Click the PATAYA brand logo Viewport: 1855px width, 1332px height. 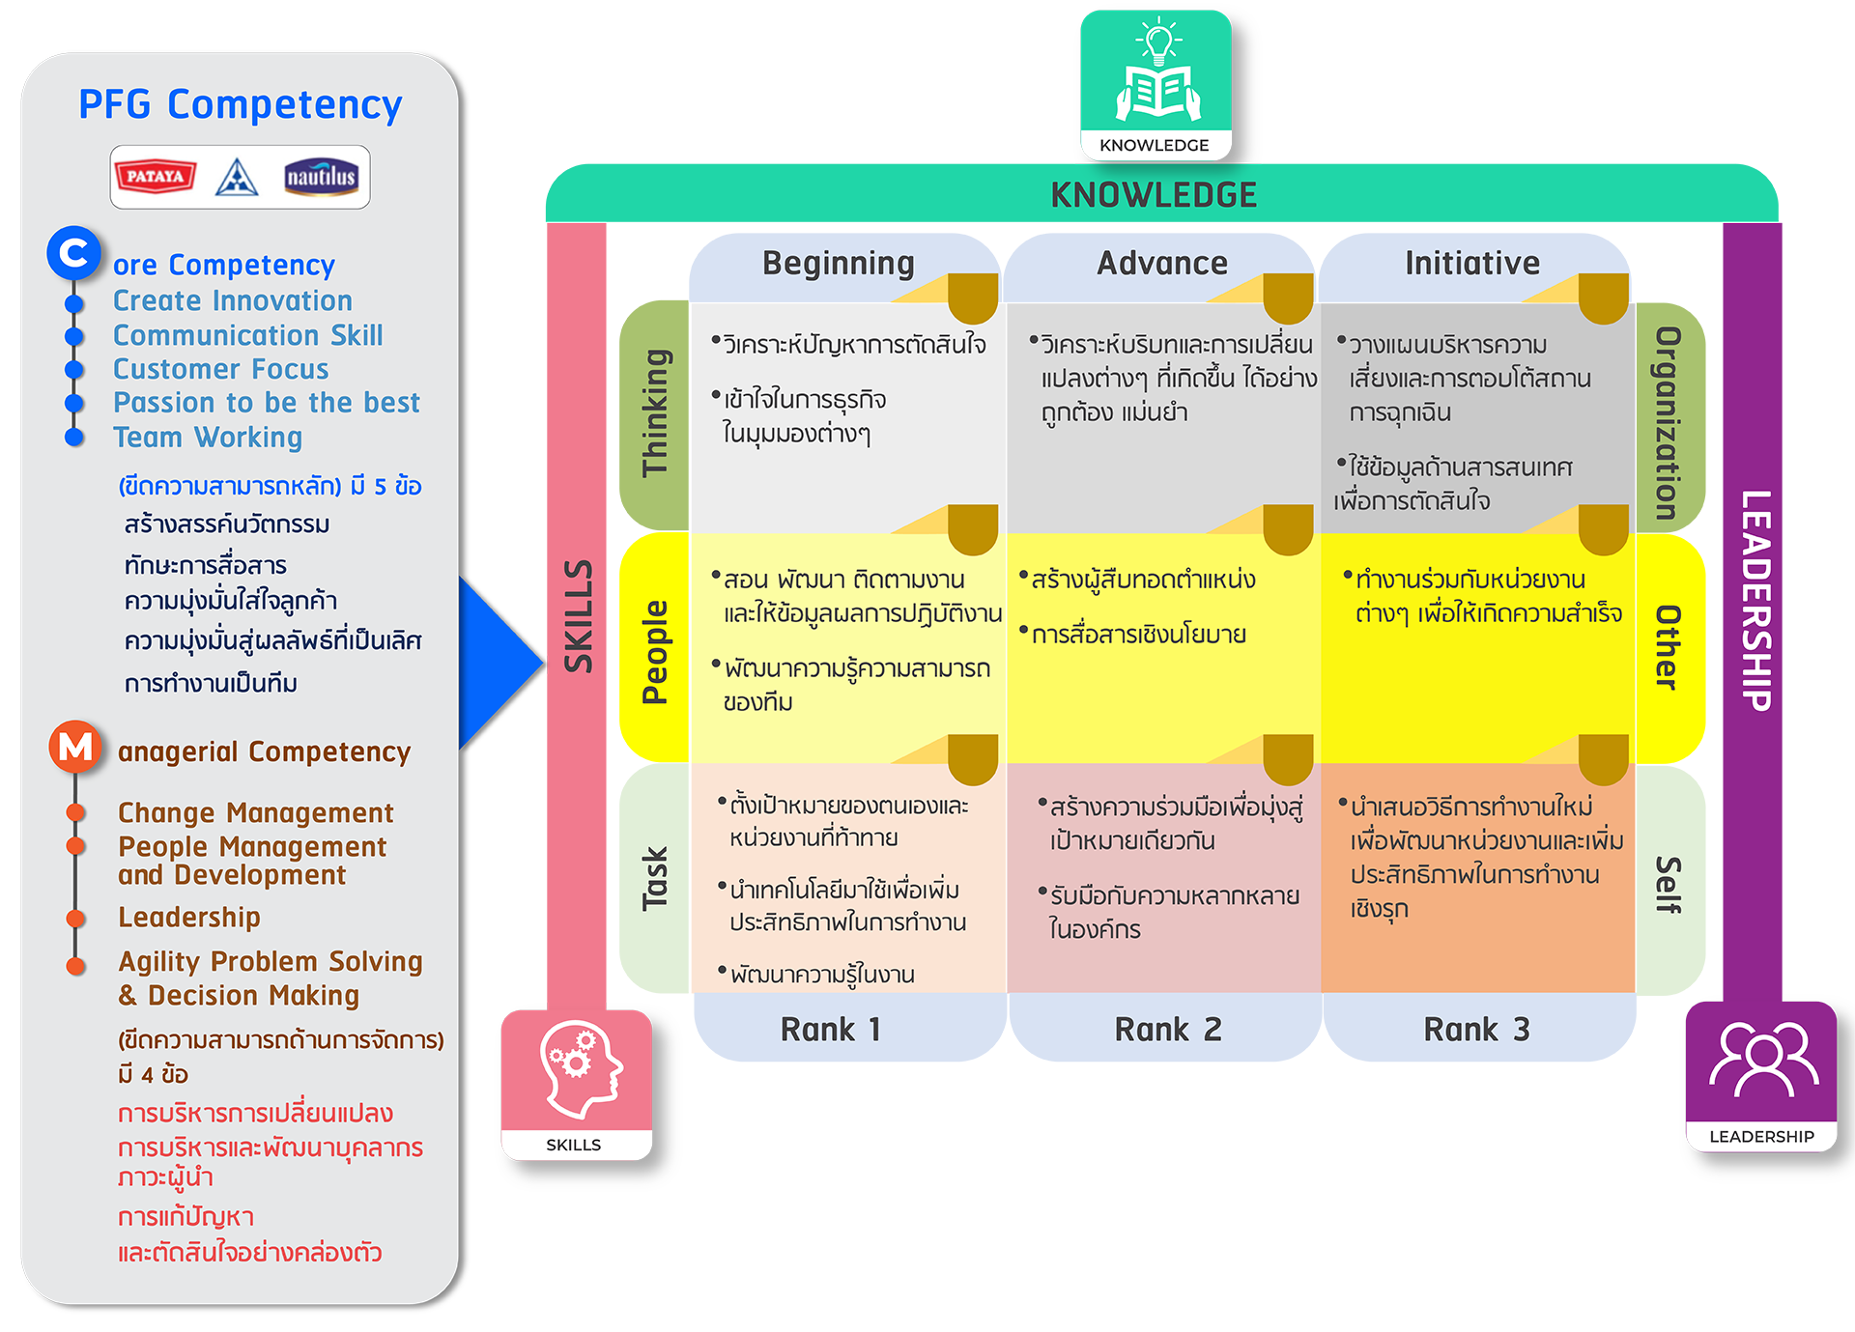pyautogui.click(x=155, y=177)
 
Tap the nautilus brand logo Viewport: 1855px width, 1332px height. pyautogui.click(x=321, y=177)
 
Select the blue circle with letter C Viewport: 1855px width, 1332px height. pyautogui.click(x=73, y=253)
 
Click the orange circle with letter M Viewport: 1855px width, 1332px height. pyautogui.click(x=75, y=747)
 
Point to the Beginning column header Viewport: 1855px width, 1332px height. pyautogui.click(x=838, y=263)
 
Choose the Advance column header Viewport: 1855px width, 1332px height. pyautogui.click(x=1161, y=263)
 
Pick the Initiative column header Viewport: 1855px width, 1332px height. pyautogui.click(x=1471, y=263)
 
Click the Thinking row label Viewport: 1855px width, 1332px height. pyautogui.click(x=655, y=413)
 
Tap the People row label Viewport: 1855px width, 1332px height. pyautogui.click(x=654, y=652)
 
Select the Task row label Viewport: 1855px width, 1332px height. pyautogui.click(x=654, y=879)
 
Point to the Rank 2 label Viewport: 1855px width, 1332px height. pyautogui.click(x=1167, y=1030)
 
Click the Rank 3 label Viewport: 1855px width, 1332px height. pyautogui.click(x=1475, y=1030)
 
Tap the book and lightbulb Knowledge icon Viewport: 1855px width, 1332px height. pyautogui.click(x=1156, y=72)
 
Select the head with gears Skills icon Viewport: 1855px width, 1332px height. pyautogui.click(x=577, y=1070)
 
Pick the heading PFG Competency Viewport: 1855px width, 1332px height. pyautogui.click(x=240, y=104)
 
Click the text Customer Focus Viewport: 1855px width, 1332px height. pyautogui.click(x=220, y=369)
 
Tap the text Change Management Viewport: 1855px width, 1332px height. pyautogui.click(x=255, y=812)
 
